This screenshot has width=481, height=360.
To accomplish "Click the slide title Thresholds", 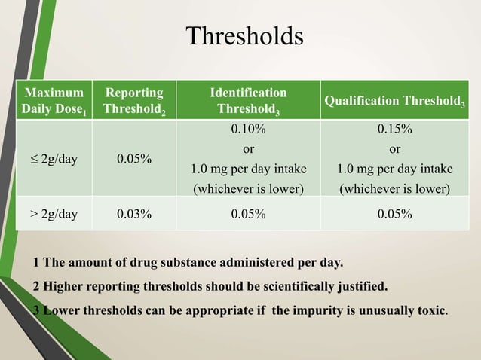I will [x=244, y=36].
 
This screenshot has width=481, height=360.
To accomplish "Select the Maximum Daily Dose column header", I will [x=53, y=100].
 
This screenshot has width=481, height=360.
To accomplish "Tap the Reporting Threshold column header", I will [x=134, y=100].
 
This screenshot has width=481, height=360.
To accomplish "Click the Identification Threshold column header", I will [x=248, y=100].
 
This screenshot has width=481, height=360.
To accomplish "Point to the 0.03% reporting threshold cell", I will [x=134, y=214].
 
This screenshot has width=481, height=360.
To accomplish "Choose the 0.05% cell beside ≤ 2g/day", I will [x=134, y=160].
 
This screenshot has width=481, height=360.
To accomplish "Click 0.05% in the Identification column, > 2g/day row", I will [x=248, y=214].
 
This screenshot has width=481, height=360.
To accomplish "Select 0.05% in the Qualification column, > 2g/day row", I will [x=394, y=214].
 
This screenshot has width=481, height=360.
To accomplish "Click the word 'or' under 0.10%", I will [x=248, y=148].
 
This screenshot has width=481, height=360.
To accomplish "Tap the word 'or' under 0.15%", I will [x=394, y=148].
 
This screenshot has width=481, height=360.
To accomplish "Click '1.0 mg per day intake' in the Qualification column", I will [x=394, y=168].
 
